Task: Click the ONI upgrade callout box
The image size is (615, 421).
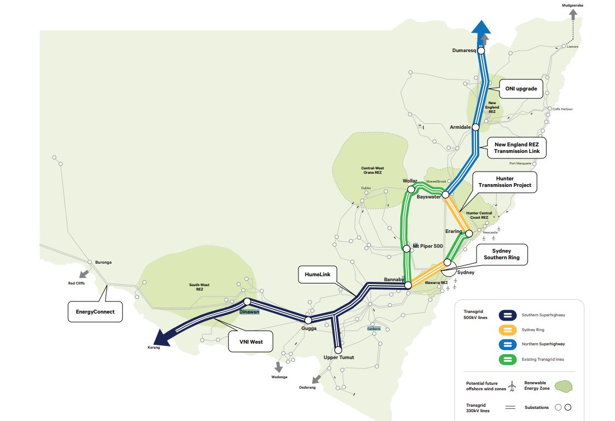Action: pos(521,88)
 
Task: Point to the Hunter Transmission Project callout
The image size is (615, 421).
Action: pos(504,182)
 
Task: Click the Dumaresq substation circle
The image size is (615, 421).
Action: pos(481,50)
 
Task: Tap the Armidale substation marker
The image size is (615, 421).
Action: pos(475,127)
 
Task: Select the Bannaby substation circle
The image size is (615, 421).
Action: pos(407,286)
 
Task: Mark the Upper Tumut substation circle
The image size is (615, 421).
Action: pos(338,349)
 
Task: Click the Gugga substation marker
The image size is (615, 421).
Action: pos(308,320)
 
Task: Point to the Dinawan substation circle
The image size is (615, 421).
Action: pos(247,301)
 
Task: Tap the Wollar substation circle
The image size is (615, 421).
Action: pos(411,189)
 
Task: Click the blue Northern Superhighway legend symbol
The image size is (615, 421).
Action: pos(509,344)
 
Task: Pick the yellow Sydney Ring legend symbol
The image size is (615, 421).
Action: pos(509,329)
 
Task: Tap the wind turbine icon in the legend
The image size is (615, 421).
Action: pos(512,386)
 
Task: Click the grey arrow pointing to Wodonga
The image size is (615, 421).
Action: pos(279,367)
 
